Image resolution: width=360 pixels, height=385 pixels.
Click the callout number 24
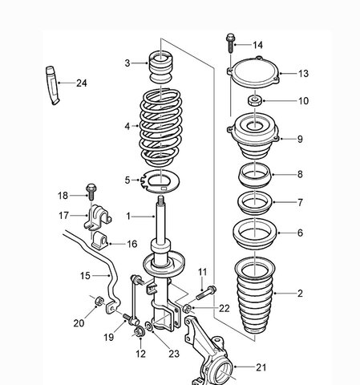(x=82, y=83)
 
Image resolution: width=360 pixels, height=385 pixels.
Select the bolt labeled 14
(x=230, y=43)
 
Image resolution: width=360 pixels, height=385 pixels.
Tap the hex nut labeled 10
(x=255, y=101)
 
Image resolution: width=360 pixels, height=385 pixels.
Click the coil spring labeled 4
(x=160, y=128)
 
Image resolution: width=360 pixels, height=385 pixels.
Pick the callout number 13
(x=303, y=74)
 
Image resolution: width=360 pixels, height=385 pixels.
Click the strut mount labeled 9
(x=253, y=136)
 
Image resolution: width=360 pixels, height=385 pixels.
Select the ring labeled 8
(x=255, y=175)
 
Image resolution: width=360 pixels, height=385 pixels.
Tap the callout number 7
(x=300, y=202)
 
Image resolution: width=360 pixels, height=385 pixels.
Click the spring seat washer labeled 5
(x=160, y=180)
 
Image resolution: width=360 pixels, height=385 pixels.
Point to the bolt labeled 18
(x=91, y=192)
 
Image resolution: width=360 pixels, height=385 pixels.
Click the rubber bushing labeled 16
(x=100, y=241)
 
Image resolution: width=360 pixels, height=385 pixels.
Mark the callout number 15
(x=85, y=276)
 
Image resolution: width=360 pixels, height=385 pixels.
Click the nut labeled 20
(x=99, y=302)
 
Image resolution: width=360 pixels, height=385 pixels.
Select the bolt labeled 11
(x=207, y=293)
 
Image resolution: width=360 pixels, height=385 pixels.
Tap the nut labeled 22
(x=187, y=308)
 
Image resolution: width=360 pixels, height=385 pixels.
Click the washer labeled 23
(x=148, y=326)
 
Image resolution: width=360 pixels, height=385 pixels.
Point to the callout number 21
(x=261, y=367)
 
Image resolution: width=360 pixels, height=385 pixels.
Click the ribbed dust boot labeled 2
(x=255, y=295)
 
